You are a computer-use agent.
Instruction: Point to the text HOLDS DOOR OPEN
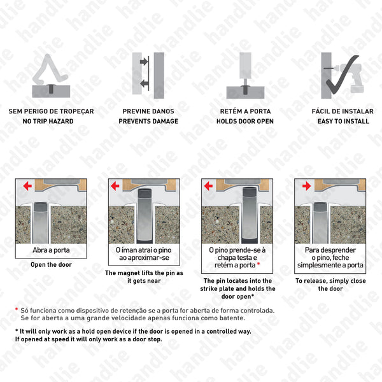[245, 121]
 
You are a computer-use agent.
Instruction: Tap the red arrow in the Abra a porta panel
[27, 186]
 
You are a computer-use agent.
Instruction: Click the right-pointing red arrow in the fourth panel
[307, 186]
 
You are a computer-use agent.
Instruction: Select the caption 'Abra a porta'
[51, 250]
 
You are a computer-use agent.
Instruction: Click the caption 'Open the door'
[51, 265]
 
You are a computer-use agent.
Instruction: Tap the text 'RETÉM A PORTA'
[245, 111]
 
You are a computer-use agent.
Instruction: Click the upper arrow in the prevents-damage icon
[144, 62]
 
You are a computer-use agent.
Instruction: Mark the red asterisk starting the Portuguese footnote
[17, 310]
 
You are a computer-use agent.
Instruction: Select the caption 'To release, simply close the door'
[330, 284]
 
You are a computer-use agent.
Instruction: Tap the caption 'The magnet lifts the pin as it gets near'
[145, 277]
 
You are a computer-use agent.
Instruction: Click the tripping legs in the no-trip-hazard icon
[51, 70]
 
